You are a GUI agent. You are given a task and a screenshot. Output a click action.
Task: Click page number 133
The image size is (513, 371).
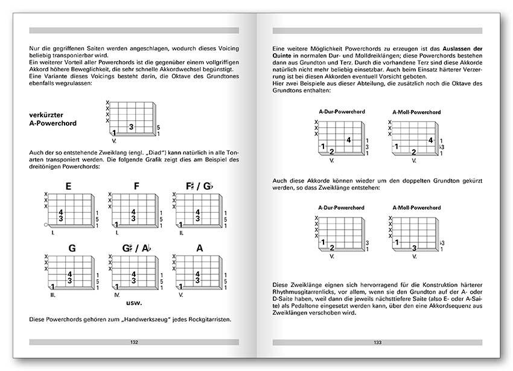(378, 343)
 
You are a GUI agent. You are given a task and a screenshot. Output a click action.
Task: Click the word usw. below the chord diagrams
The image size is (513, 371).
(135, 302)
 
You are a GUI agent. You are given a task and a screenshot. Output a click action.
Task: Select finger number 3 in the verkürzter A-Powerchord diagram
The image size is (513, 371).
(131, 126)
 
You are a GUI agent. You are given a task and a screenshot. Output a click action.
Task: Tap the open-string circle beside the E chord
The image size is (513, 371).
(46, 225)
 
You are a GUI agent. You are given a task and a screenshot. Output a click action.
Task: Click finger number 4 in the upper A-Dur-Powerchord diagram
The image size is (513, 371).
(349, 140)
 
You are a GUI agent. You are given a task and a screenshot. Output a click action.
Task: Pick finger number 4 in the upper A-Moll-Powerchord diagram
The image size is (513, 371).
(430, 140)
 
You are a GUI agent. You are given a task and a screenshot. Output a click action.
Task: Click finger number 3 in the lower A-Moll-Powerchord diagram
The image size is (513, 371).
(414, 248)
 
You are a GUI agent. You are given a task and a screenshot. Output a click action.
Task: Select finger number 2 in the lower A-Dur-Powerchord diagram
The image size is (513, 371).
(332, 248)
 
